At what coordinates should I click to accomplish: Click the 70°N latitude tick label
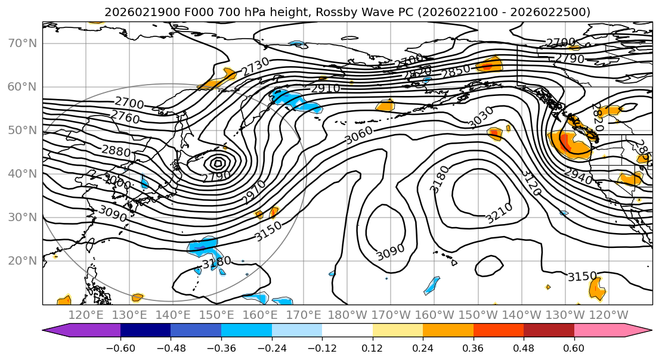(22, 43)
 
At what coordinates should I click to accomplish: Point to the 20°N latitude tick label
(22, 260)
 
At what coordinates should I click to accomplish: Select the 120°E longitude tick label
(86, 315)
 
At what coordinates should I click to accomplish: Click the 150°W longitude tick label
(478, 315)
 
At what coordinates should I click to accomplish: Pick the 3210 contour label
(499, 213)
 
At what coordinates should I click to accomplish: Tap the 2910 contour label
(325, 89)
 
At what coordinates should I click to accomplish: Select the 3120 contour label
(531, 183)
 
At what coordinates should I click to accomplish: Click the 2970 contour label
(253, 193)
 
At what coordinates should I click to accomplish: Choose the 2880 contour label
(116, 151)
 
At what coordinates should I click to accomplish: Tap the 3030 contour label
(481, 117)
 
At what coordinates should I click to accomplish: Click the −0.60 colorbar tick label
(120, 347)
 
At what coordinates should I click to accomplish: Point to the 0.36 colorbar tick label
(473, 347)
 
